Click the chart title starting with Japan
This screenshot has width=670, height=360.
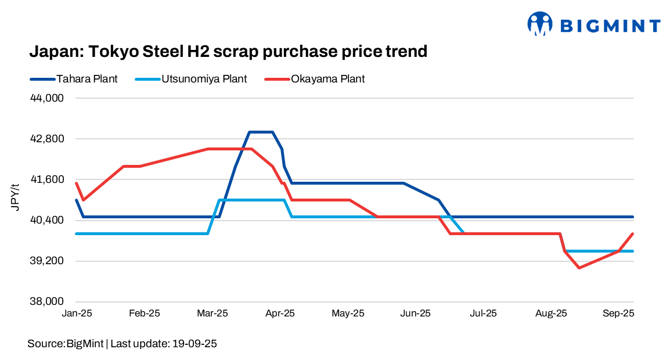point(228,52)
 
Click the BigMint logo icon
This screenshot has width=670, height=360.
point(540,24)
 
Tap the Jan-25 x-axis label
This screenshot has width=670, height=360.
point(77,314)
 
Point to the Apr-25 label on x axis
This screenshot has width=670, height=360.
point(280,314)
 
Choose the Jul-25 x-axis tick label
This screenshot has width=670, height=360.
point(483,314)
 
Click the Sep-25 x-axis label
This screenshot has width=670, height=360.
point(618,314)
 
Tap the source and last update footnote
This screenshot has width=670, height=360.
point(122,344)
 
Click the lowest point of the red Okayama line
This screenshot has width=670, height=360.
point(579,268)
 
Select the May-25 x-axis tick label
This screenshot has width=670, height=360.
point(348,314)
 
